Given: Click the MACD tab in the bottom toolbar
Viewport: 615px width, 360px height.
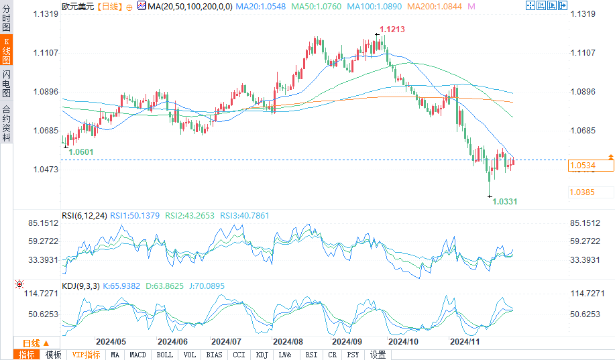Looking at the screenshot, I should (x=137, y=355).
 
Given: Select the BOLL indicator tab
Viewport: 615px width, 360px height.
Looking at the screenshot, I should (x=164, y=355).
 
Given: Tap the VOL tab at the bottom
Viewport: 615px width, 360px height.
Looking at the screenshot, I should (x=189, y=355).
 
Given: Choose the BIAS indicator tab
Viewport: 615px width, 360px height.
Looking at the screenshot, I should (x=214, y=355).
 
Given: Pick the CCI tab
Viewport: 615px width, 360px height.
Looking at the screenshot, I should (x=239, y=355).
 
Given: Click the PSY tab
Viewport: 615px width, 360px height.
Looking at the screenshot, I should (x=353, y=355).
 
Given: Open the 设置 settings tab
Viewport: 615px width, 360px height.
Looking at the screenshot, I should (x=378, y=355).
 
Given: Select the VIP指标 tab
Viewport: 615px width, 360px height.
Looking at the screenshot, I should (x=86, y=355).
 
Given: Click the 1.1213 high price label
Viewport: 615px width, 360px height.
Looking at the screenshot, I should (x=392, y=29).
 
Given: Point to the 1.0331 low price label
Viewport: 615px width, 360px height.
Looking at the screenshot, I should (x=505, y=201).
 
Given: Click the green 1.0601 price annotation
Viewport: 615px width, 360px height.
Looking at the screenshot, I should (x=80, y=152).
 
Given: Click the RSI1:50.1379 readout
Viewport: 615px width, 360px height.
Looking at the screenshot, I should (x=133, y=215).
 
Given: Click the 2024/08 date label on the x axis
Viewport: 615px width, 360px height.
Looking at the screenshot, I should (x=289, y=341).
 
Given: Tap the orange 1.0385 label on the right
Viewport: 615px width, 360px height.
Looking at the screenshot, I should (x=582, y=192).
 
